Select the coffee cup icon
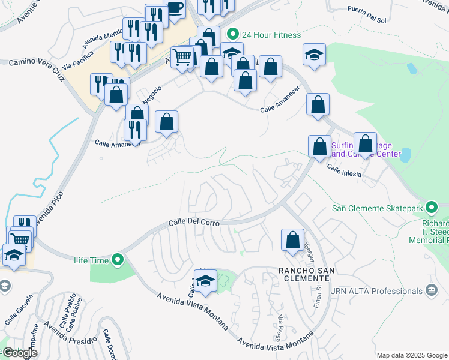coord(174,9)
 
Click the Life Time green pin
coord(118,260)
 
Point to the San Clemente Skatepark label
coord(376,209)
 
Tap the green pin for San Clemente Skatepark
coord(431,209)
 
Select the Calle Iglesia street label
coord(345,170)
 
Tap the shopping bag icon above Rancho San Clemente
coord(292,239)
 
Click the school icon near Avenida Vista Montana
coord(205,281)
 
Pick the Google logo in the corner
coord(19,353)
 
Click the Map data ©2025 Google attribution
coord(411,355)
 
